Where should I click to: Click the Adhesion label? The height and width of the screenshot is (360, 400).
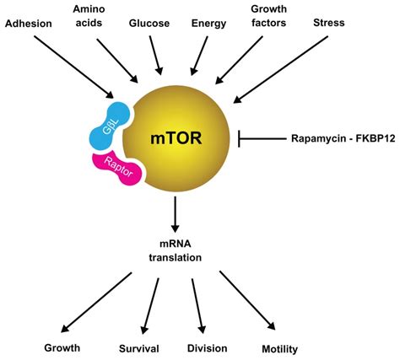click(x=31, y=24)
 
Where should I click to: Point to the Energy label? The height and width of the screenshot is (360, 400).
click(x=208, y=24)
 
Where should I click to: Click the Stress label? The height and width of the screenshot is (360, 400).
click(x=330, y=24)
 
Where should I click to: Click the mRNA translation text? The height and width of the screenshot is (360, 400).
click(x=176, y=250)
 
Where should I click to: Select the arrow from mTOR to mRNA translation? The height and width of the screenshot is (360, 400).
click(x=176, y=216)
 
